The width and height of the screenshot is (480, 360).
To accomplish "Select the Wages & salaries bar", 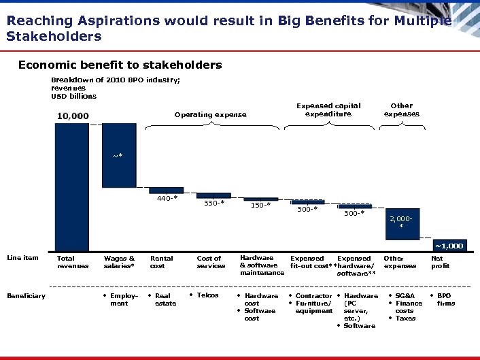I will tap(119, 157).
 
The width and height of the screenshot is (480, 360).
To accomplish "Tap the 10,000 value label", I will tap(72, 116).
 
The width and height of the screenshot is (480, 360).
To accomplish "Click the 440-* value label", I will tap(167, 199).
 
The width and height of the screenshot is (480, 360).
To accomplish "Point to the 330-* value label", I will tap(214, 202).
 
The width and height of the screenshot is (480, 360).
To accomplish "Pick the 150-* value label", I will tap(260, 205).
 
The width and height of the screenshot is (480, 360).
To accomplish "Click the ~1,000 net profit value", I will tap(449, 245).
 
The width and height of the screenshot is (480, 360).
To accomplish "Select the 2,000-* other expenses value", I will tap(401, 222).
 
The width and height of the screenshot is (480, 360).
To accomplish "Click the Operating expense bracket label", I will tap(211, 115).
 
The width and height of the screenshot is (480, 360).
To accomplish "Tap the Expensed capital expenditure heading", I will tap(328, 110).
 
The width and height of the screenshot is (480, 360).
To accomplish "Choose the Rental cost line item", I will tap(161, 262).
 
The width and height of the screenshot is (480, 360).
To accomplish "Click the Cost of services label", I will tap(210, 262).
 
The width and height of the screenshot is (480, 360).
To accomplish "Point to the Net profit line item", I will tap(441, 262).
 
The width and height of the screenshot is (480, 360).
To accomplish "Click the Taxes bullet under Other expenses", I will tap(405, 318).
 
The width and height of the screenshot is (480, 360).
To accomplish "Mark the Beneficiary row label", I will tap(26, 296).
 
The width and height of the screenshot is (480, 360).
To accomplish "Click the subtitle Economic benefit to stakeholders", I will tap(120, 65).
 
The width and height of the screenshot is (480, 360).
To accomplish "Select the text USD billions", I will tap(73, 96).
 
